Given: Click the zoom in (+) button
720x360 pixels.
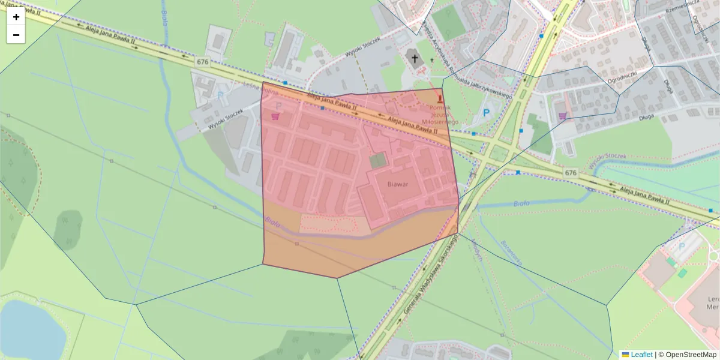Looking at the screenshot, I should [16, 17].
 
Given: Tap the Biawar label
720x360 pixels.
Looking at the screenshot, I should [398, 184].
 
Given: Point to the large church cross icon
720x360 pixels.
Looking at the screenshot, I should [413, 58].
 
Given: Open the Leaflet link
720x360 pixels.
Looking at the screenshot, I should [641, 355].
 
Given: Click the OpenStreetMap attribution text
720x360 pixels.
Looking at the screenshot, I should [691, 355].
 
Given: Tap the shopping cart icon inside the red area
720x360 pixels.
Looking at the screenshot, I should [275, 116].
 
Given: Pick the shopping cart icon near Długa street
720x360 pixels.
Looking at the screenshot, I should [562, 116].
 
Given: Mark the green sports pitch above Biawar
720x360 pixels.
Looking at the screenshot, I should [378, 160].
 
